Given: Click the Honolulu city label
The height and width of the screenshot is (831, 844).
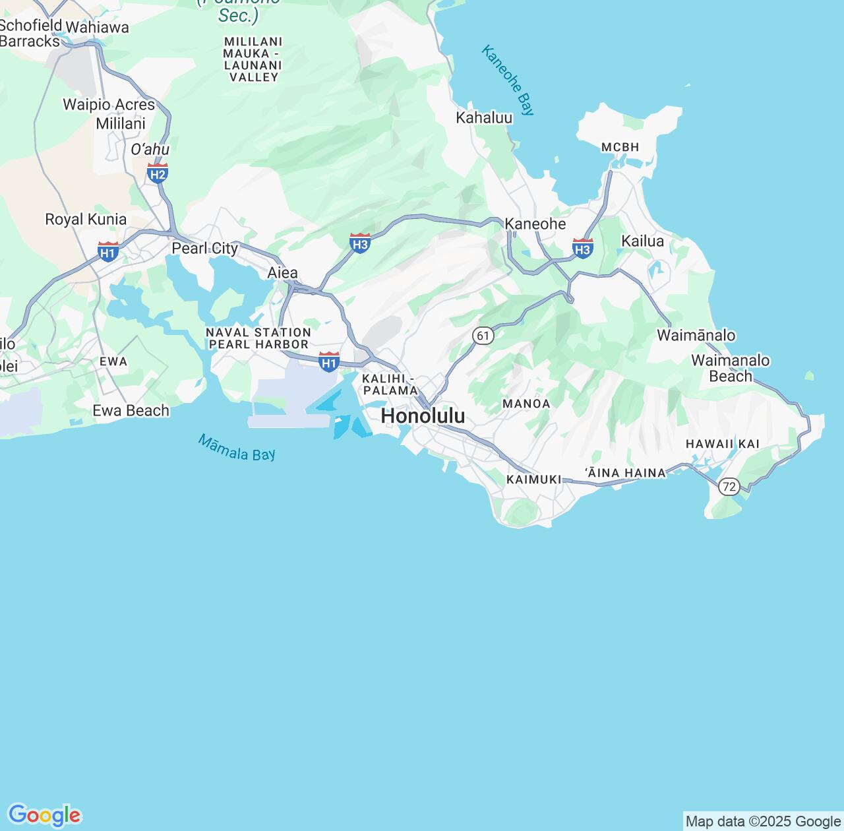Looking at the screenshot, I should pos(423,416).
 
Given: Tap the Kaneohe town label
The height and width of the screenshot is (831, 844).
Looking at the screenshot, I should pos(535,224).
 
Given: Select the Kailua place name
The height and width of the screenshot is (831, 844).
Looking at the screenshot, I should pos(642,241).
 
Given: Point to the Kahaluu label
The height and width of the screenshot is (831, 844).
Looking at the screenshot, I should pos(484,118).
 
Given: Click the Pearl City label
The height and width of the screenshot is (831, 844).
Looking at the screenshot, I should pos(204,248).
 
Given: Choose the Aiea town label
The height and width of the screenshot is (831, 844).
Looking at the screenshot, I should pos(282,272).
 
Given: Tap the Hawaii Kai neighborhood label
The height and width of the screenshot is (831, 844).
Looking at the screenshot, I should pos(723,444).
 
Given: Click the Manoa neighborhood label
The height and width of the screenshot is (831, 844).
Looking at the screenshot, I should pos(526,404).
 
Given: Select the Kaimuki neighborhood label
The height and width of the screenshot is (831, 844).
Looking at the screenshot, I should pos(533,479).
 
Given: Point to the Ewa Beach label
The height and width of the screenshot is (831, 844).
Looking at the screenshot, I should pos(131,410).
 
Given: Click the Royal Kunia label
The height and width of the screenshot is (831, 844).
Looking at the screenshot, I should pos(86,219).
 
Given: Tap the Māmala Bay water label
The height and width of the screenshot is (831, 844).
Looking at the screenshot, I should pos(237,448).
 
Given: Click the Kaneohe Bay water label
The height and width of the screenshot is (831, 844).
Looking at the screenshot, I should pos(508,80).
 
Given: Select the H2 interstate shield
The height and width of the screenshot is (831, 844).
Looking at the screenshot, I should pos(158,173).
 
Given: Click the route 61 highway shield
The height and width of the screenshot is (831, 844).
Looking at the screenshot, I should pos(483,336).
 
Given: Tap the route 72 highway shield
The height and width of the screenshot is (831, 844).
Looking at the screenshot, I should pos(729,487).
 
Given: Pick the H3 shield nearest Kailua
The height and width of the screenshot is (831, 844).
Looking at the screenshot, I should pos(582,248).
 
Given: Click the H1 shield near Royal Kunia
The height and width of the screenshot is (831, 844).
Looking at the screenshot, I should pos(108,251).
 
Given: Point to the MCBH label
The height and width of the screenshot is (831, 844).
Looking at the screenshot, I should pos(620,147).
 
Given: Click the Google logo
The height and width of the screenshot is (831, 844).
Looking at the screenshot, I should pos(44,815).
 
